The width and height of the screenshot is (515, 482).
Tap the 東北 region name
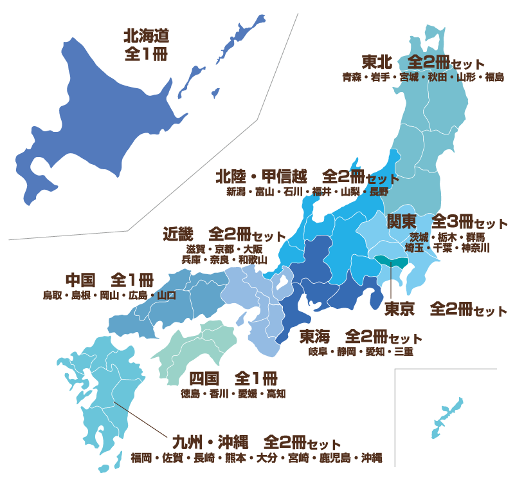377,62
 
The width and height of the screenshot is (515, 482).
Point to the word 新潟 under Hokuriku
235,191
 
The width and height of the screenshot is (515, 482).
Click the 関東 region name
402,222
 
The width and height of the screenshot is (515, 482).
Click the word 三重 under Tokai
404,351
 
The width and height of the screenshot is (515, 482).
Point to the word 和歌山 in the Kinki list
252,259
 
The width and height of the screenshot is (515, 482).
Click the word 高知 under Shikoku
276,393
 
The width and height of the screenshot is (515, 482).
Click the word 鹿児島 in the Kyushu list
338,458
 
